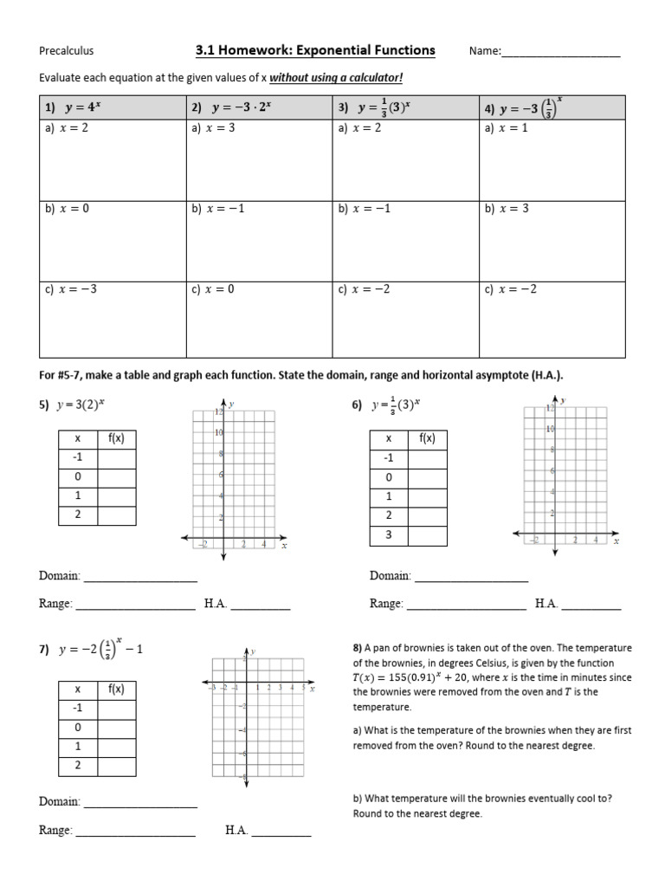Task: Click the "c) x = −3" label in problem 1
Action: click(x=70, y=289)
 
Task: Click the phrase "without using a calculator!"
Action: click(x=336, y=79)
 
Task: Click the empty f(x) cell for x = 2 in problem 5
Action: click(x=117, y=515)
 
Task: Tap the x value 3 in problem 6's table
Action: click(x=389, y=535)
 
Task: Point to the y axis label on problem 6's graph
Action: click(x=565, y=400)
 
